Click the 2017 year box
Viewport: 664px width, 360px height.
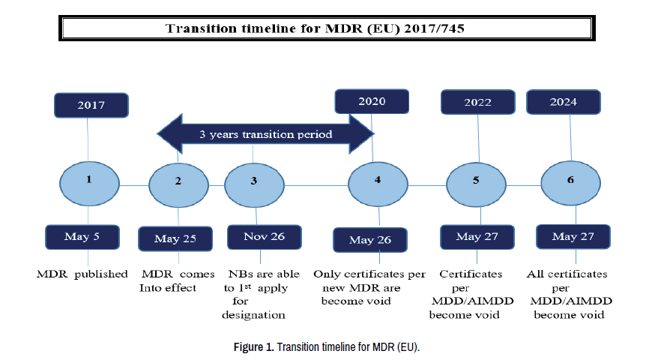coord(91,105)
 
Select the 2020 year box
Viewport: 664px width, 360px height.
coord(372,101)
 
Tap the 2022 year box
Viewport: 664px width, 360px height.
coord(478,102)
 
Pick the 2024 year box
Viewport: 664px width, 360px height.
coord(564,102)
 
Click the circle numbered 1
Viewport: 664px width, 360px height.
coord(89,184)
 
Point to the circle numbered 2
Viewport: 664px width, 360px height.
coord(178,185)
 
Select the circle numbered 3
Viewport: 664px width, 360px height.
coord(254,185)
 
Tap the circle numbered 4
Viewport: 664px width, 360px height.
coord(378,184)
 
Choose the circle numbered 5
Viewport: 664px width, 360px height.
coord(477,185)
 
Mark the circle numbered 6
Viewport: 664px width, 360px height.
coord(571,183)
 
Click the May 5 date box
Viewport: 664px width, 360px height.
coord(82,237)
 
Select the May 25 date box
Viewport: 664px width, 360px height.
coord(175,238)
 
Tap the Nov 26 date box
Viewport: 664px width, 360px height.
coord(265,237)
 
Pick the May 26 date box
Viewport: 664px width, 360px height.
coord(370,240)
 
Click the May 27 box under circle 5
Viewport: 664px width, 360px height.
coord(477,237)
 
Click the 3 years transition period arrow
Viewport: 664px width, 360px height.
coord(265,134)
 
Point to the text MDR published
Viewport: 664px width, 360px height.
coord(82,274)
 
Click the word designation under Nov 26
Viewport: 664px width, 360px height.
coord(253,315)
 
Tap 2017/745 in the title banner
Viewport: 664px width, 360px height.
coord(434,28)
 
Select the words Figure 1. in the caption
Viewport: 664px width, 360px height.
coord(253,346)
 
